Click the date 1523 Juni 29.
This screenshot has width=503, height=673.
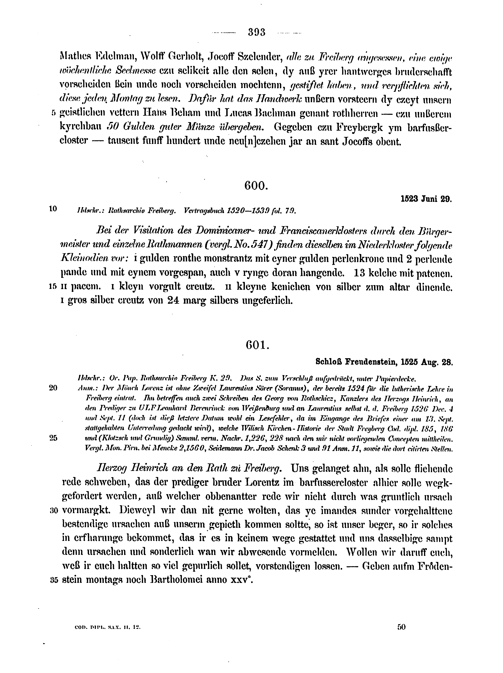click(426, 200)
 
